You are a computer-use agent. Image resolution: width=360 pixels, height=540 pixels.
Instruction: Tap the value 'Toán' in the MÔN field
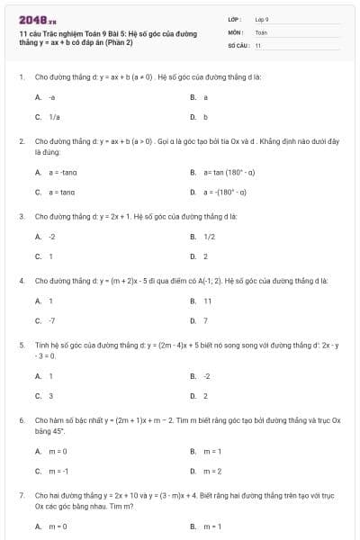click(261, 31)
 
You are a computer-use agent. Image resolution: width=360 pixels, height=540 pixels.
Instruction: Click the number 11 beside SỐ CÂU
click(258, 44)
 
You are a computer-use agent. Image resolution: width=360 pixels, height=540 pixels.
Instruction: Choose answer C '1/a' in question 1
click(54, 117)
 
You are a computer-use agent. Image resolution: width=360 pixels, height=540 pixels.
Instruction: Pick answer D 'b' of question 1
click(205, 117)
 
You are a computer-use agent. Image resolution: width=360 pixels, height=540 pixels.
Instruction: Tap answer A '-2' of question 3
click(51, 237)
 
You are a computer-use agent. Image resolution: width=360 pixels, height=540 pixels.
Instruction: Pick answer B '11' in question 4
click(207, 301)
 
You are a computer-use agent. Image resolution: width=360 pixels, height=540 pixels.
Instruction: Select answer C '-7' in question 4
click(51, 320)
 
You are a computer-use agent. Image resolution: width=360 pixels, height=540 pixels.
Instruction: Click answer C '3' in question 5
click(50, 395)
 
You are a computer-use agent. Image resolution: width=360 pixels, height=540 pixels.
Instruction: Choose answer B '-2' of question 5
click(206, 375)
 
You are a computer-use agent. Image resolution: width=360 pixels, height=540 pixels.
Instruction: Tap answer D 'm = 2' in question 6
click(212, 470)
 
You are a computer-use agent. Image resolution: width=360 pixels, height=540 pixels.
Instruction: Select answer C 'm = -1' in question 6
click(58, 470)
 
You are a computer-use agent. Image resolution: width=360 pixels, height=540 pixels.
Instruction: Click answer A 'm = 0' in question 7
click(58, 526)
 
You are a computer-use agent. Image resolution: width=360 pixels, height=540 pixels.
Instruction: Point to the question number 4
click(21, 280)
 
